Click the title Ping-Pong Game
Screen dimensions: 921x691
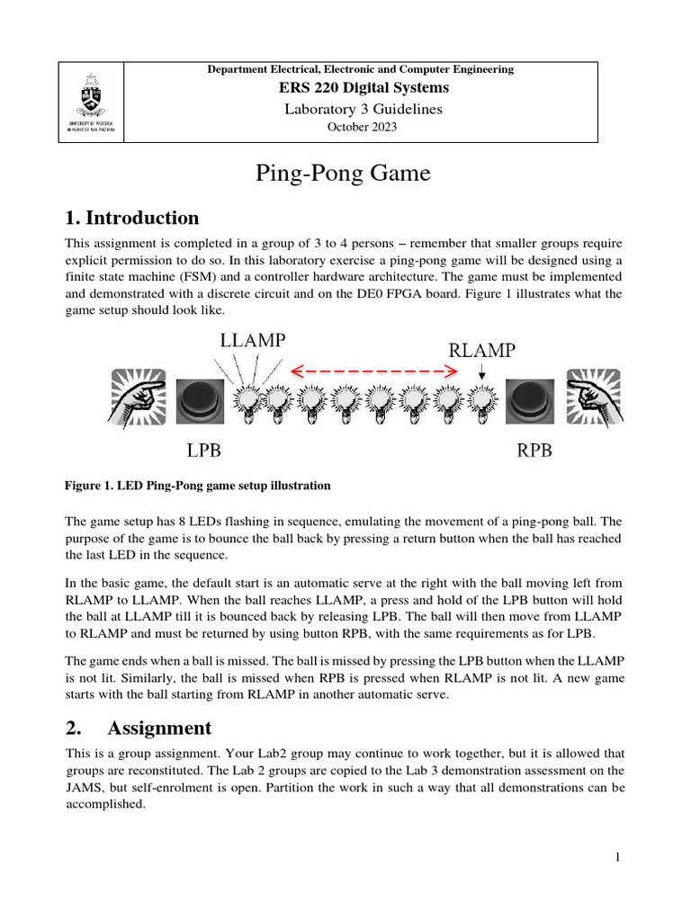click(x=344, y=174)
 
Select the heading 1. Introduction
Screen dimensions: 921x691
click(x=132, y=218)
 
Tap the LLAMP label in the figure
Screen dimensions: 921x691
click(x=253, y=340)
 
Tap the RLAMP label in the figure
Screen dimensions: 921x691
click(x=481, y=351)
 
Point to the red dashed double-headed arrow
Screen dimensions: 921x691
click(x=371, y=370)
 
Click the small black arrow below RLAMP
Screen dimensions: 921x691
click(x=482, y=371)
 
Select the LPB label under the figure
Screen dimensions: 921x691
click(x=203, y=450)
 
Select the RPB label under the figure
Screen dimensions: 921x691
click(x=534, y=450)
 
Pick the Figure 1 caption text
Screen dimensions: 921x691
click(x=198, y=486)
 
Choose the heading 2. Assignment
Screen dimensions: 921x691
click(x=139, y=728)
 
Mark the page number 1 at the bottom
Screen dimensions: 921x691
click(x=618, y=857)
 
